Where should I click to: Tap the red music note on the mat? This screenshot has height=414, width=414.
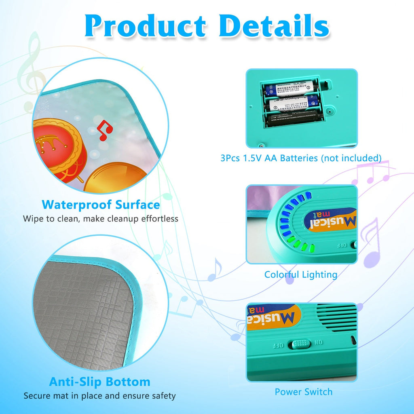[x=105, y=132]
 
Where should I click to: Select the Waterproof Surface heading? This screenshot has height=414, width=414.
[x=101, y=205]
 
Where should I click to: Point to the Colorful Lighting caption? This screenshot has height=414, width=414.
[x=301, y=275]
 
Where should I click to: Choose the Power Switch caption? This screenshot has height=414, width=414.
[x=303, y=392]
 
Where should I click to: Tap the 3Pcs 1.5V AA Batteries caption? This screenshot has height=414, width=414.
[x=301, y=158]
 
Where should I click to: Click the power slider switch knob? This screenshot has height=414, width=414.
[x=299, y=344]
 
